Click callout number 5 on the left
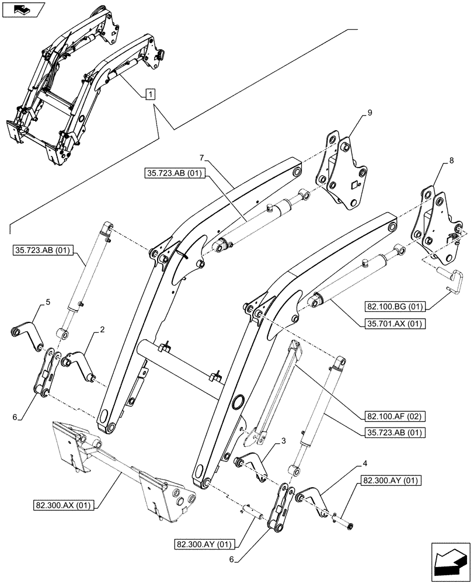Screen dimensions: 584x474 point(48,302)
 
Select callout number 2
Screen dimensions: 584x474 point(102,330)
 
